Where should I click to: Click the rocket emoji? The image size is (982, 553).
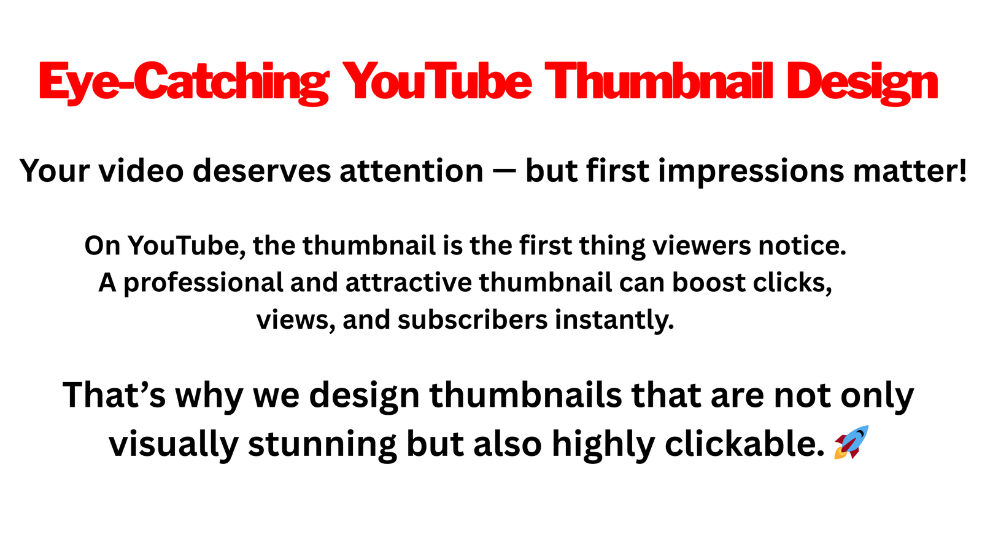click(x=851, y=442)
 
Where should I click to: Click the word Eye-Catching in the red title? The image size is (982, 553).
click(x=184, y=82)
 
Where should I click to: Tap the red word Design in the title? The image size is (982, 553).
click(x=862, y=82)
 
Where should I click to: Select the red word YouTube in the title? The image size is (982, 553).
click(x=437, y=81)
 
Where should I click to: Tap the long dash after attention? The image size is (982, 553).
click(x=504, y=171)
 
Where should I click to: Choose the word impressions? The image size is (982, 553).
click(x=751, y=172)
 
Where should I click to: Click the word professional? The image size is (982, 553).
click(x=203, y=283)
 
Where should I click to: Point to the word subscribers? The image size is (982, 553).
click(x=473, y=320)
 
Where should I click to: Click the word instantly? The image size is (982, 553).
click(x=614, y=321)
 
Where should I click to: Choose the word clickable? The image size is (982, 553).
click(x=745, y=443)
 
